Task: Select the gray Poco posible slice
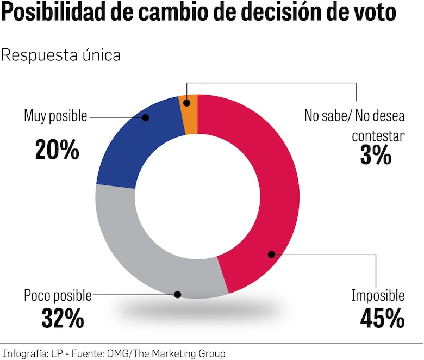(x=141, y=256)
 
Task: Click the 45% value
(x=382, y=319)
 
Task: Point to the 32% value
(x=63, y=319)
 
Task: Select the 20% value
(x=57, y=150)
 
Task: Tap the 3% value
(x=375, y=156)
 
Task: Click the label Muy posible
(x=55, y=116)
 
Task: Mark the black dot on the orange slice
(x=186, y=102)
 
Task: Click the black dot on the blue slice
(x=146, y=116)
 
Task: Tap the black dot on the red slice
(x=270, y=253)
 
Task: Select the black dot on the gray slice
(x=177, y=295)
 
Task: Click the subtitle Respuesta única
(x=61, y=55)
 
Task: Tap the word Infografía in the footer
(x=22, y=353)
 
